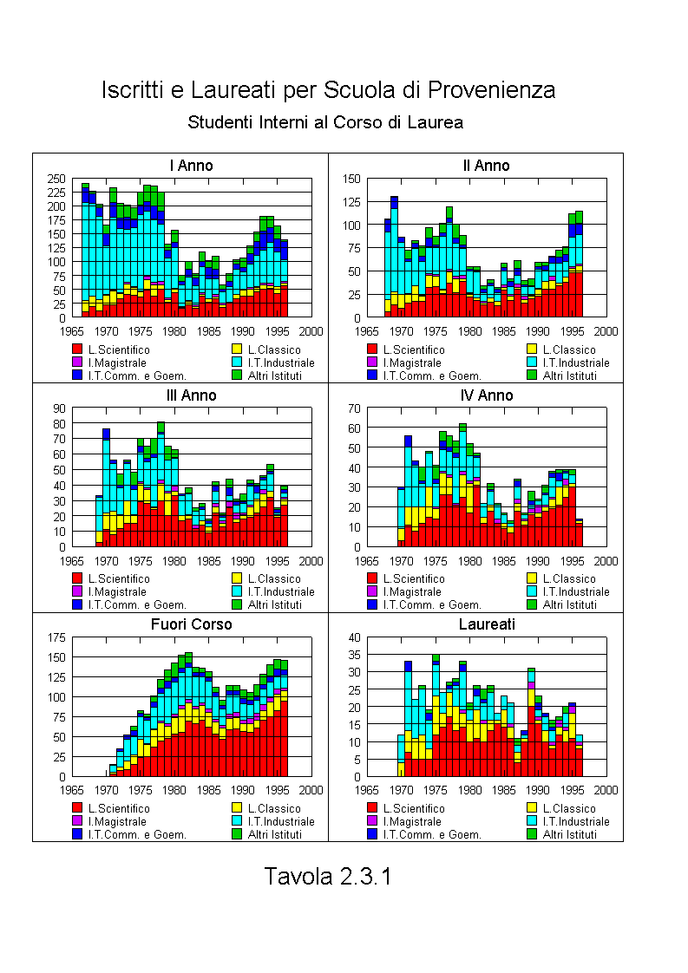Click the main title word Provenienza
(491, 90)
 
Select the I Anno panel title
(191, 166)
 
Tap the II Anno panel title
(486, 166)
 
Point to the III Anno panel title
(191, 395)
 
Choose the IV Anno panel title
(487, 395)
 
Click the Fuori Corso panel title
(191, 624)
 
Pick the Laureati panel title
(487, 624)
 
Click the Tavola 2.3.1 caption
(328, 876)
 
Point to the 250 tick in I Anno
(56, 179)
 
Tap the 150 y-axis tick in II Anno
(351, 179)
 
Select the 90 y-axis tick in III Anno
(59, 408)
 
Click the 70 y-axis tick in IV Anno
(355, 408)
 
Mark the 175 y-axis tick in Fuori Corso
(56, 637)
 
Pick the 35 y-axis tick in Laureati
(355, 655)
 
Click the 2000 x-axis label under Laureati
(606, 790)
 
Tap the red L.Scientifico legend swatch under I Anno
(77, 349)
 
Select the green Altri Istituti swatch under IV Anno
(532, 604)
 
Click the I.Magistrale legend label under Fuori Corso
(117, 821)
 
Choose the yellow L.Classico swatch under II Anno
(532, 349)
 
